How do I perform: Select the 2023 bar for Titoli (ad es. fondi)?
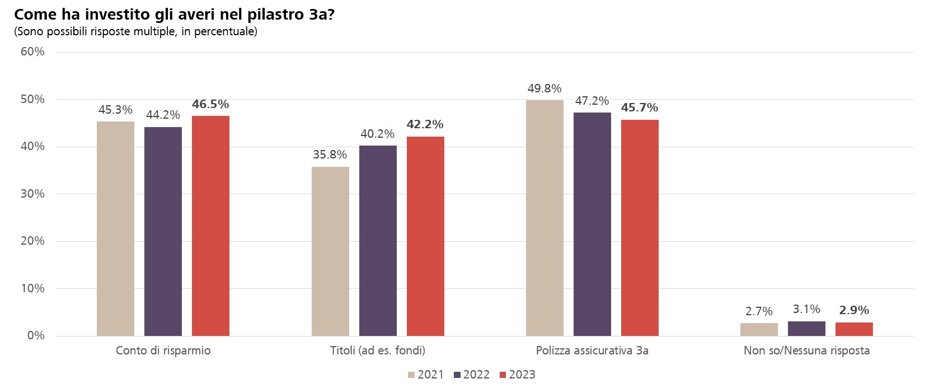point(425,236)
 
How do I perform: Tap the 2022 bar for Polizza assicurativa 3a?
point(592,224)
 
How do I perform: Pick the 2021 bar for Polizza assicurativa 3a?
point(545,218)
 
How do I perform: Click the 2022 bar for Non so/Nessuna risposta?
point(806,329)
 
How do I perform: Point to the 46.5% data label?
point(210,104)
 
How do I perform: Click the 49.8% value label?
point(545,88)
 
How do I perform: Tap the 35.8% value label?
point(330,155)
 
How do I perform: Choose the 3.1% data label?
point(806,309)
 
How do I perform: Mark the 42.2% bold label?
point(425,124)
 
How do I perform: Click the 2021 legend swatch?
point(411,375)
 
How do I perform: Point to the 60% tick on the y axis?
point(32,52)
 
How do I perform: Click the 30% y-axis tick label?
point(32,194)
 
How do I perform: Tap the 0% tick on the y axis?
point(36,335)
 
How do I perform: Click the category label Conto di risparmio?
point(163,350)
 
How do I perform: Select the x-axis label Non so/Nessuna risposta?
point(806,350)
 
